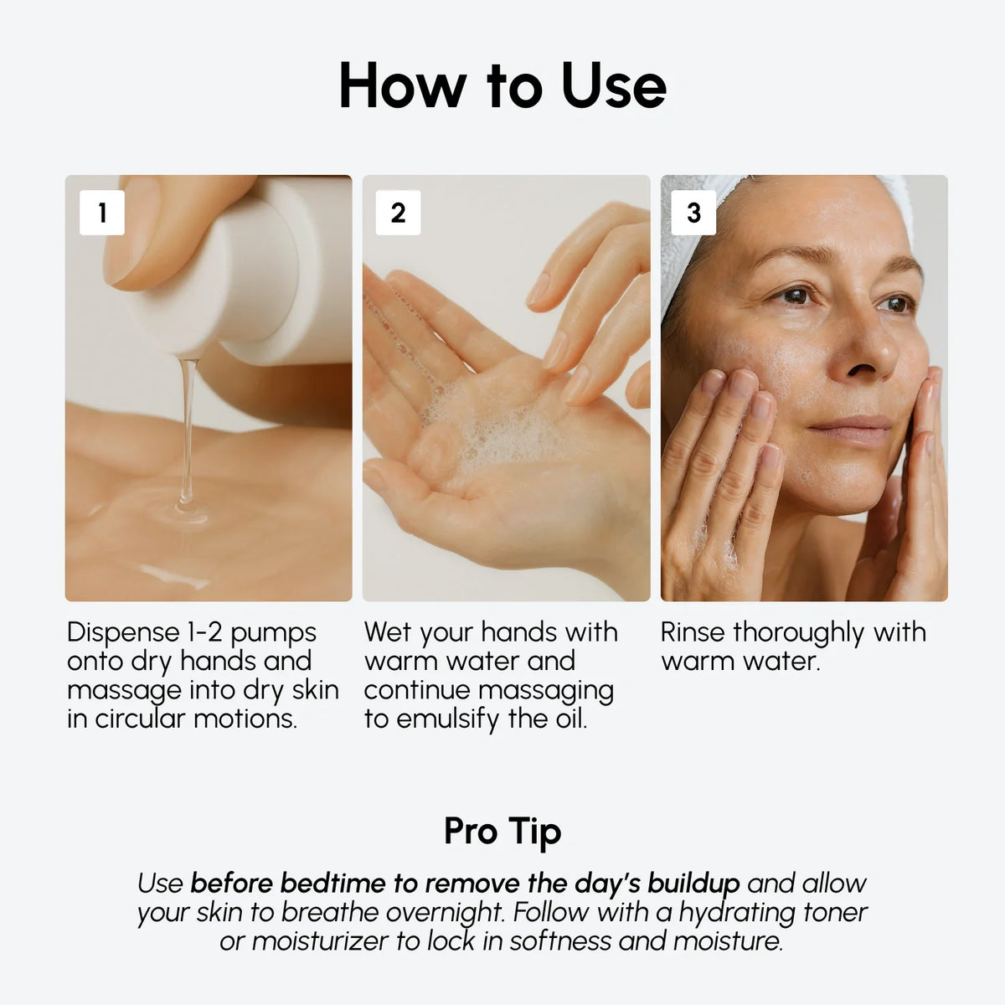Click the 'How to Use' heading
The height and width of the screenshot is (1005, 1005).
502,86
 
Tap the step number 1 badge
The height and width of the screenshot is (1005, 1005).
102,213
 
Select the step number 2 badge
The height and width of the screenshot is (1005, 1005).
398,213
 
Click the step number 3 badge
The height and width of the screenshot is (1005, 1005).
693,213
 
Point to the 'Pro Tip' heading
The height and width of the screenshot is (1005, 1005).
502,831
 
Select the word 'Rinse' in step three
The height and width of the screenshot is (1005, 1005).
693,632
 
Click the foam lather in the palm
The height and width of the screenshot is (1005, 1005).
486,427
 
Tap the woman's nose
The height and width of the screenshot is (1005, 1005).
863,352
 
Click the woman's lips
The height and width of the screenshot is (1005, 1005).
850,429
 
